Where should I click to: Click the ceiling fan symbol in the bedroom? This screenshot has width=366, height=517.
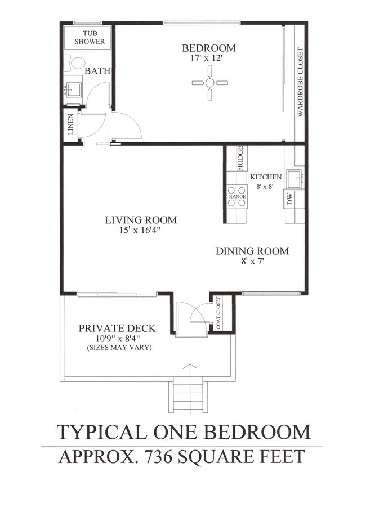pyautogui.click(x=209, y=83)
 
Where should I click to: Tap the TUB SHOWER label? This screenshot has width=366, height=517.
pyautogui.click(x=90, y=37)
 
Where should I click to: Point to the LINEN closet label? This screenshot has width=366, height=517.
pyautogui.click(x=70, y=125)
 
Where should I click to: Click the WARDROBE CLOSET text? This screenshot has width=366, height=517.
pyautogui.click(x=300, y=83)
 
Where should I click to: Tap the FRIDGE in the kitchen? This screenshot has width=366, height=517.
pyautogui.click(x=240, y=158)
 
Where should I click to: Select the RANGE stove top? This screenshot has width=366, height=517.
pyautogui.click(x=237, y=196)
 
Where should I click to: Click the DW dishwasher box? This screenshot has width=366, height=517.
pyautogui.click(x=290, y=199)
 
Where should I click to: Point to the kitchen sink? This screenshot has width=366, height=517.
pyautogui.click(x=294, y=179)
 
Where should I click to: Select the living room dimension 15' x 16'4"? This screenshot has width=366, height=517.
pyautogui.click(x=140, y=231)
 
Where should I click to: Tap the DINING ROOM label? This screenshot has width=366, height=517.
pyautogui.click(x=252, y=251)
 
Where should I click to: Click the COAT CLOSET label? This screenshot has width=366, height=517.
pyautogui.click(x=218, y=313)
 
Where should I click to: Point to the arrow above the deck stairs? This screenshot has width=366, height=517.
pyautogui.click(x=190, y=372)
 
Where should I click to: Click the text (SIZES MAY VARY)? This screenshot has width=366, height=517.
pyautogui.click(x=119, y=348)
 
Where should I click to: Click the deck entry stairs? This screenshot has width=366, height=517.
pyautogui.click(x=189, y=397)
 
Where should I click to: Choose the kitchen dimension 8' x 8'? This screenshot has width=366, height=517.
pyautogui.click(x=265, y=186)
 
